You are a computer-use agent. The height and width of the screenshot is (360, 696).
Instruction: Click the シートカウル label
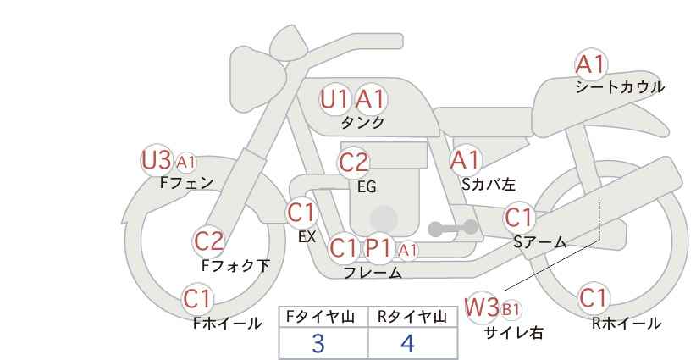[620, 86]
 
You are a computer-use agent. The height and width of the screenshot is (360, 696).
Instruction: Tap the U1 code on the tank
[334, 99]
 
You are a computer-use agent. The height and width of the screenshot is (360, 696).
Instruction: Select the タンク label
[362, 122]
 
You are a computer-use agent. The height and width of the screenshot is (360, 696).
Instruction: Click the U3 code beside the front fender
[157, 160]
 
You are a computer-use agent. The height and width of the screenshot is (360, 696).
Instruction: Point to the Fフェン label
[186, 182]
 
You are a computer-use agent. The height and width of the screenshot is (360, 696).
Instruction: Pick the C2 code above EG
[353, 163]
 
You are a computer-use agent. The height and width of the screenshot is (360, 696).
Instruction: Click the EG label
[367, 187]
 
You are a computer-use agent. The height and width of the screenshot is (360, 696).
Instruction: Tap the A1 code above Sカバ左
[465, 160]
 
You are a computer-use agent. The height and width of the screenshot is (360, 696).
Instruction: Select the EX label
[307, 237]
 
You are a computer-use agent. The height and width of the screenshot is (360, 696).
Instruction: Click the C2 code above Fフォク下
[209, 241]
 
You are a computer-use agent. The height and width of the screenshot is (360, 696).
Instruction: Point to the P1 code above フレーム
[378, 248]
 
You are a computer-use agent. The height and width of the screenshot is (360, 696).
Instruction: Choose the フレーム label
[373, 273]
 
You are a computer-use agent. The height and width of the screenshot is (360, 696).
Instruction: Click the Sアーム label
[540, 242]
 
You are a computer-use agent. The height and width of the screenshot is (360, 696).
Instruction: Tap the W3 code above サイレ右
[482, 307]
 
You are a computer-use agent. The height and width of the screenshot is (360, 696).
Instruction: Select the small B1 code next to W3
[511, 309]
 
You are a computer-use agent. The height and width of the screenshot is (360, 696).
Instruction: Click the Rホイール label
[626, 324]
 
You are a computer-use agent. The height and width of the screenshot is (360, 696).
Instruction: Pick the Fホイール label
[227, 324]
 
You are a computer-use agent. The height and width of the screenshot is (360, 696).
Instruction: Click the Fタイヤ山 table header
[320, 317]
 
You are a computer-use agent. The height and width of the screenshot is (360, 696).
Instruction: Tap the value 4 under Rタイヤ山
[407, 343]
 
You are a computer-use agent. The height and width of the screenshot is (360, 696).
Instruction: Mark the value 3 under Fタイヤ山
[318, 343]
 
